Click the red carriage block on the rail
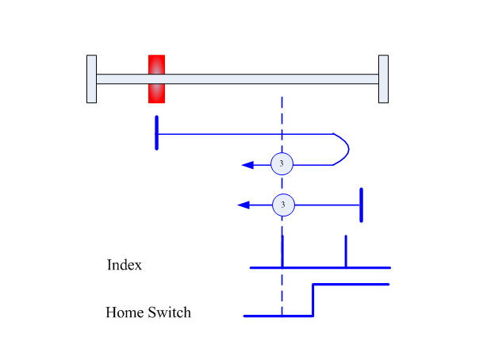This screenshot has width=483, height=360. click(x=156, y=79)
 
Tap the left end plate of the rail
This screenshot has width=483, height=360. click(x=91, y=79)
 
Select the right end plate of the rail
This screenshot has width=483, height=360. click(x=383, y=79)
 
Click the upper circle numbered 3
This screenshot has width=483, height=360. click(x=282, y=164)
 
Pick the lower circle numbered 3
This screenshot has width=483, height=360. click(x=283, y=205)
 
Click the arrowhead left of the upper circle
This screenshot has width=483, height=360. click(x=247, y=165)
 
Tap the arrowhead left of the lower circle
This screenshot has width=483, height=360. click(x=243, y=205)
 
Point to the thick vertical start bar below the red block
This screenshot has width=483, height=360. click(x=156, y=132)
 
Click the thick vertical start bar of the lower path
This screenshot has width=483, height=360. click(x=362, y=205)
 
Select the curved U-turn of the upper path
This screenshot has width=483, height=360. click(x=349, y=149)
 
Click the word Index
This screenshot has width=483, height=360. click(x=125, y=265)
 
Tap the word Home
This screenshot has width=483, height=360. click(x=125, y=312)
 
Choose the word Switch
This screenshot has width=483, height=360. click(x=170, y=312)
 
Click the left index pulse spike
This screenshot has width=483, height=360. click(x=282, y=251)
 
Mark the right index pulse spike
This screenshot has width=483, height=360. click(x=346, y=251)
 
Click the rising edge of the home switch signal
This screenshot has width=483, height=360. click(x=313, y=300)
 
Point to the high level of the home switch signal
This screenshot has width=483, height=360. click(x=351, y=284)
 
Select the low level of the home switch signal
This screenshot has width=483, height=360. click(x=278, y=316)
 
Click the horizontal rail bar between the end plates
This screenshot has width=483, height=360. click(x=237, y=79)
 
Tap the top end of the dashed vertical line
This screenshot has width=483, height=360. click(x=282, y=97)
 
